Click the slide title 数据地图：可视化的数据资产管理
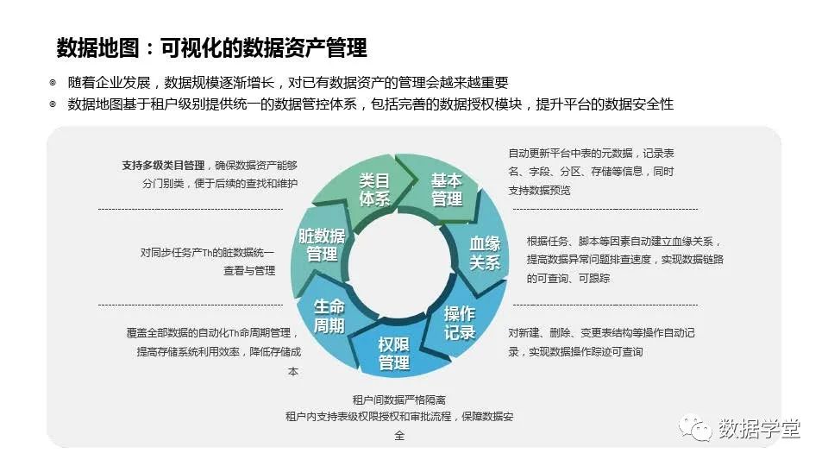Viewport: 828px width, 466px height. [212, 47]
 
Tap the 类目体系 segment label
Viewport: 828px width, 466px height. [374, 190]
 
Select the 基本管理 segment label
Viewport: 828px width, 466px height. [447, 190]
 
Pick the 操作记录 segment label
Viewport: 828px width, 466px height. [460, 324]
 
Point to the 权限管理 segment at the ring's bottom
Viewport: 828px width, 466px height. [394, 354]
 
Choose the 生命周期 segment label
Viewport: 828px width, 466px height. [329, 316]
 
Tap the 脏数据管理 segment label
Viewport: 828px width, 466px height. [322, 244]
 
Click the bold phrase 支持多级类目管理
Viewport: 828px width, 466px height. [163, 166]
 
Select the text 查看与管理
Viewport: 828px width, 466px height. [249, 270]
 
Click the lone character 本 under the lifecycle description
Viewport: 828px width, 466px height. [293, 371]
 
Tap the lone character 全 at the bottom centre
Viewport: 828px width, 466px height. [399, 436]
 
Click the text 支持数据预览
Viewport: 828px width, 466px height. [539, 190]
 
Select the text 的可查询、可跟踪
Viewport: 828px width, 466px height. [568, 278]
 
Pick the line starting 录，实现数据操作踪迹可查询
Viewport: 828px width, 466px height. [575, 352]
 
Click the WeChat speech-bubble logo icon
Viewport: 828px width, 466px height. [695, 428]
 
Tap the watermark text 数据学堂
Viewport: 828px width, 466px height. [759, 429]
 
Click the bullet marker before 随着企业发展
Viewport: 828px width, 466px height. [53, 83]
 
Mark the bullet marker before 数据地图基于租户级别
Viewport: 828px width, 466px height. [53, 104]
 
